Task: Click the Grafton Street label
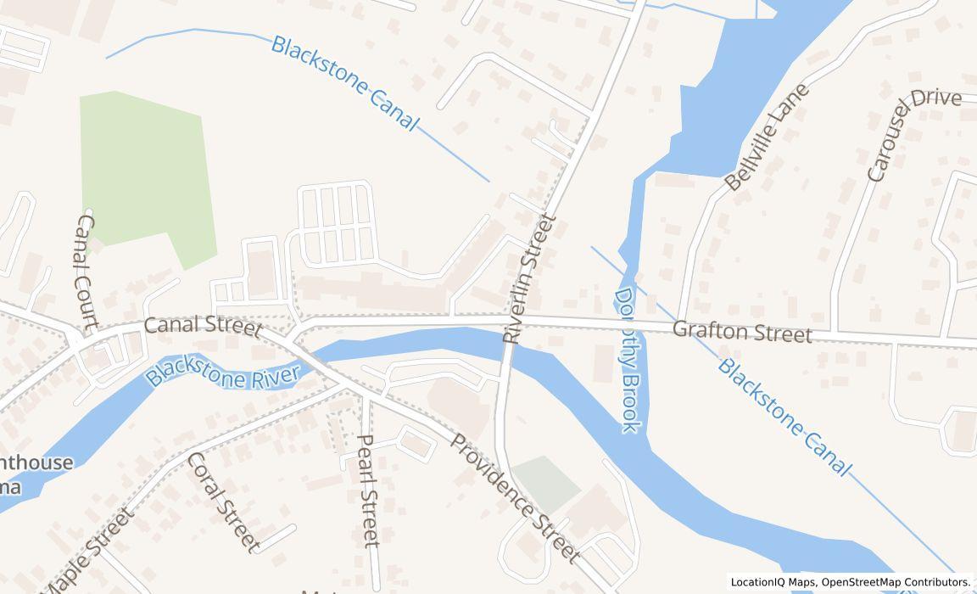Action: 742,332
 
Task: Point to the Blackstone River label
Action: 224,367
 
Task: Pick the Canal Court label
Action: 87,270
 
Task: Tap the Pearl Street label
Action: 367,490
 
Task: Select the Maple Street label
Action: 88,552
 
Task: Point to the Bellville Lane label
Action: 767,137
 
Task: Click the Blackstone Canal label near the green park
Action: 344,83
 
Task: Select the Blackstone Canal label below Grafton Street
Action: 783,417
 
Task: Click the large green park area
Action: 144,170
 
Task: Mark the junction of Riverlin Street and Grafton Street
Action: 519,320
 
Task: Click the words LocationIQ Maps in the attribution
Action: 773,582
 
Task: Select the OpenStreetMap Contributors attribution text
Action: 896,582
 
